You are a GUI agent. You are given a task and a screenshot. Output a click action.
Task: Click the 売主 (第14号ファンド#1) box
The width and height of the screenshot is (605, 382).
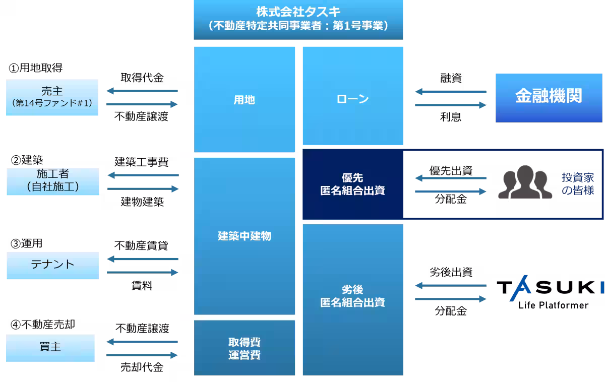pos(52,97)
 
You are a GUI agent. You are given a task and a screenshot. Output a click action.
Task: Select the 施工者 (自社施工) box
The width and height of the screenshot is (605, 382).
pos(52,181)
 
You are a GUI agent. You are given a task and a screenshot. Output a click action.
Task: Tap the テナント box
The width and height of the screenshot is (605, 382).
pos(52,265)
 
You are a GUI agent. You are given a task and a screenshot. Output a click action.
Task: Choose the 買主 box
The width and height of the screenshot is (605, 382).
pos(50,347)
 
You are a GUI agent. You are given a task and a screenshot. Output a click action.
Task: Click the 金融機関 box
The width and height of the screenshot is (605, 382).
pos(549,97)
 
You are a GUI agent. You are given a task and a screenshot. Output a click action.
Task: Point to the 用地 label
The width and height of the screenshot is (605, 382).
pos(245,100)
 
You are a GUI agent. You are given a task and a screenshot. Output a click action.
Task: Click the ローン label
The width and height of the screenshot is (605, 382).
pos(352,99)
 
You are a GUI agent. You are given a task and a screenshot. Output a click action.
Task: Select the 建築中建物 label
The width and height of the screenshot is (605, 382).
pos(245,235)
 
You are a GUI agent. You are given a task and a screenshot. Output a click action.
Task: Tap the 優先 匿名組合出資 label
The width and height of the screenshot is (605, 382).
pos(352,184)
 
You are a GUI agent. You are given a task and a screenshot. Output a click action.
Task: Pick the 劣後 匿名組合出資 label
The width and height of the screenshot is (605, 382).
pos(352,296)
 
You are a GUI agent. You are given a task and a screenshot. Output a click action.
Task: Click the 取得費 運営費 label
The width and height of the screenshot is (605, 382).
pos(245,348)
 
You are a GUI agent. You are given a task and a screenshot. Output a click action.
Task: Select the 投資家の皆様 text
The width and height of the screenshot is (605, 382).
pos(578,184)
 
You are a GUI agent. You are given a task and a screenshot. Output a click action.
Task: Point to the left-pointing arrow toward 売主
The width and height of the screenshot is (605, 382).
pos(142,91)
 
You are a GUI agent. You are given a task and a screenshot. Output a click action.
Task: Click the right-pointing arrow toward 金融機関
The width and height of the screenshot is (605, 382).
pos(451,105)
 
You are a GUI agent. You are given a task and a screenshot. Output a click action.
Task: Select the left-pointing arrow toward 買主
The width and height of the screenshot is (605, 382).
pos(142,342)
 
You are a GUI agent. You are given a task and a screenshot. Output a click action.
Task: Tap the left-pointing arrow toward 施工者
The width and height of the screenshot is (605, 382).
pos(143,175)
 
